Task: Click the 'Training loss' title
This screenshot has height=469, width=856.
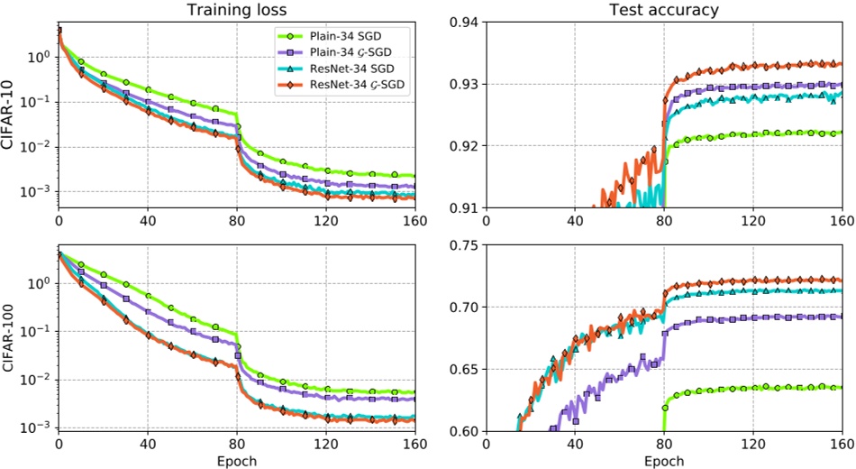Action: (237, 11)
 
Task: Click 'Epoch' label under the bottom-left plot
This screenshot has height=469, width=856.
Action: (237, 460)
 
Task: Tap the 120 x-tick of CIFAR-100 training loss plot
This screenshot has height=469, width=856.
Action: (326, 444)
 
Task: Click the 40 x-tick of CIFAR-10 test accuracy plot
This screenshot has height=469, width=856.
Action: (574, 220)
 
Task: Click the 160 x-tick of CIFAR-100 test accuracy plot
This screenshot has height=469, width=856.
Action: (840, 444)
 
